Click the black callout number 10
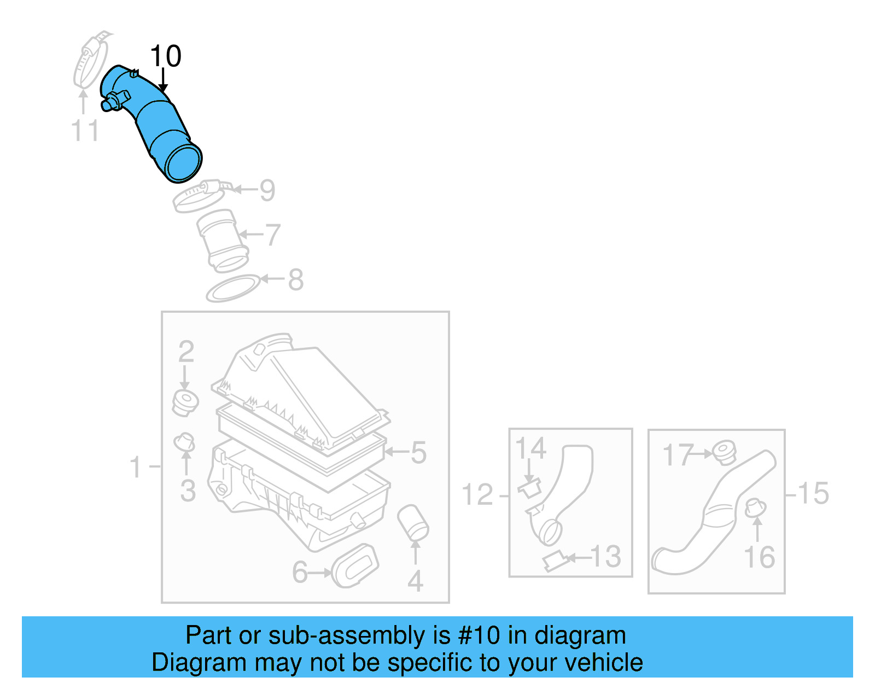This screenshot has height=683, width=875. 165,56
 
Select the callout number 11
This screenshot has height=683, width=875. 85,131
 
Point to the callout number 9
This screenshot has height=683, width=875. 267,190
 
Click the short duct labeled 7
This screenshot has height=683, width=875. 222,241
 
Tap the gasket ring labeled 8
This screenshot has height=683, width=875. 232,288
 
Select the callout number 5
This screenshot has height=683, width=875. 418,453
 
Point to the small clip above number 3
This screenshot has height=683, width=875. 184,442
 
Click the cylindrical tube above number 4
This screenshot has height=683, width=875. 413,523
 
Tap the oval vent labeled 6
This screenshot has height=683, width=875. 355,565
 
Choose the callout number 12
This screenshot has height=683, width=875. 477,495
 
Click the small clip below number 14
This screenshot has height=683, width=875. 529,488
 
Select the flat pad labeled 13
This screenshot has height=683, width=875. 556,561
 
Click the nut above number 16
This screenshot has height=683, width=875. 755,509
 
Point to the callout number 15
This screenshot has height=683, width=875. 814,494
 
